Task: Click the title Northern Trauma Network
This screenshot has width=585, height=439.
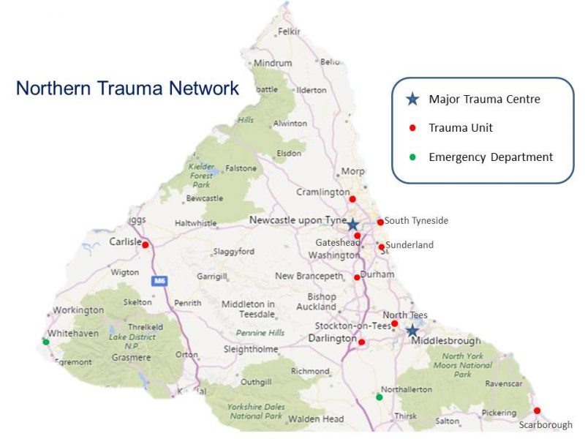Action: pyautogui.click(x=127, y=89)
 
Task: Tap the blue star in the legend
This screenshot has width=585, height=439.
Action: pyautogui.click(x=412, y=99)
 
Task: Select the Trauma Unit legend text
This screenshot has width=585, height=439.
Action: pyautogui.click(x=461, y=128)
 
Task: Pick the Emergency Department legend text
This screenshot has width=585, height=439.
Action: pyautogui.click(x=491, y=157)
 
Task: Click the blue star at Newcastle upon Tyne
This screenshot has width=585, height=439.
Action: pyautogui.click(x=352, y=225)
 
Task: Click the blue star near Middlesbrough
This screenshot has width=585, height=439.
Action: pyautogui.click(x=412, y=331)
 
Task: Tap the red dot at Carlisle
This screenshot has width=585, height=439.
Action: pyautogui.click(x=146, y=245)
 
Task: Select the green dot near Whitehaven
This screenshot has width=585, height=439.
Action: pyautogui.click(x=46, y=342)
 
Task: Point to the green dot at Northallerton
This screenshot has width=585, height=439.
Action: pyautogui.click(x=379, y=397)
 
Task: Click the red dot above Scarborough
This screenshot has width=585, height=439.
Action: pyautogui.click(x=537, y=410)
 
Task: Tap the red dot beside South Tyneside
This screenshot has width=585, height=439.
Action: pyautogui.click(x=380, y=222)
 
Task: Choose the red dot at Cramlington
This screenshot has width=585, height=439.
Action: pyautogui.click(x=352, y=199)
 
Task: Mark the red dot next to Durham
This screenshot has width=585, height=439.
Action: pyautogui.click(x=357, y=277)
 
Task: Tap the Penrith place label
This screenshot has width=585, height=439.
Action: pyautogui.click(x=188, y=302)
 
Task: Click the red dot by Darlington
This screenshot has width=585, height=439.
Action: pyautogui.click(x=362, y=342)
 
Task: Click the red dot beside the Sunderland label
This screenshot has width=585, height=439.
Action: pyautogui.click(x=381, y=247)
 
